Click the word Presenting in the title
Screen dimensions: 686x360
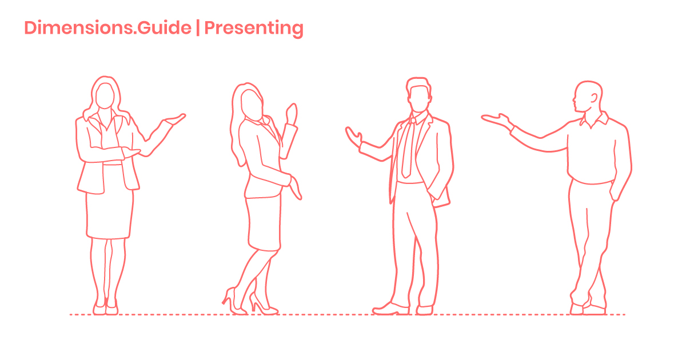[x=254, y=29]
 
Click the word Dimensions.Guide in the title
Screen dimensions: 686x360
[x=108, y=28]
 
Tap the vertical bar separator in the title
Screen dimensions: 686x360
[x=198, y=28]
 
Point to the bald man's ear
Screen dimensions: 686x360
[x=594, y=98]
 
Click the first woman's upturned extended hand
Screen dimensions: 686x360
[x=175, y=119]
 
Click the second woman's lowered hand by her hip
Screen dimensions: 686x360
[x=295, y=188]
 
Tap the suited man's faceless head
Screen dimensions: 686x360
[x=418, y=95]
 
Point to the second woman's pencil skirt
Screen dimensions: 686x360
[x=264, y=223]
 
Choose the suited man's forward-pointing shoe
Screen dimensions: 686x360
[x=391, y=309]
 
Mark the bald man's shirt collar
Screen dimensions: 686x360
[x=594, y=120]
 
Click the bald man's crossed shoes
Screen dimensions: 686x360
[x=588, y=309]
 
